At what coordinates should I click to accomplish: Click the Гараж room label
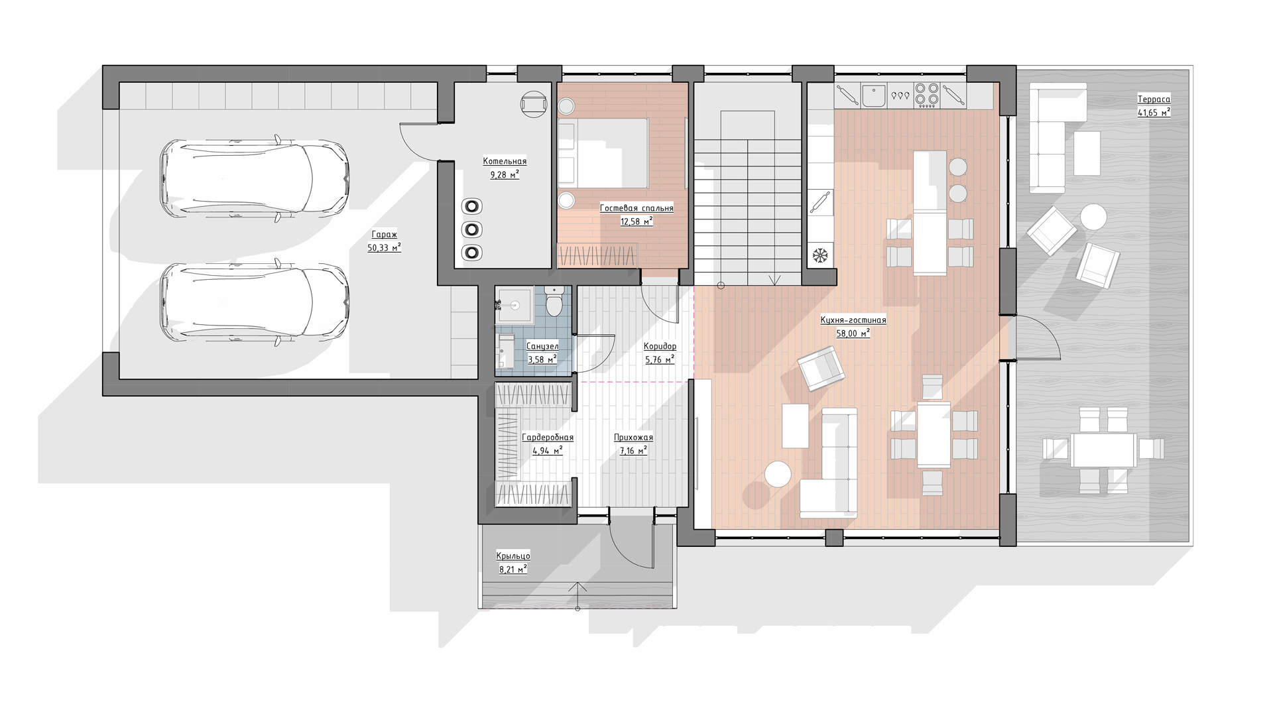384,235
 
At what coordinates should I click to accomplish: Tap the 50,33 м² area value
384,247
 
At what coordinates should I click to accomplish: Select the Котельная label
505,161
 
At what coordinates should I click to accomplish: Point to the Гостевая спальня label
636,208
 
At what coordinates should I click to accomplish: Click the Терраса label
1154,99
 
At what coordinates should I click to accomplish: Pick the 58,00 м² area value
853,333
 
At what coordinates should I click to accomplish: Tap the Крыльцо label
513,556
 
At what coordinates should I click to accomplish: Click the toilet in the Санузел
554,302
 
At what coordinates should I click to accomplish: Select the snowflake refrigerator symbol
821,255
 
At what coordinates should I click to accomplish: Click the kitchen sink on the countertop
874,96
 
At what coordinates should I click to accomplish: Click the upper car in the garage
255,177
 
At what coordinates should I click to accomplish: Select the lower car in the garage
255,302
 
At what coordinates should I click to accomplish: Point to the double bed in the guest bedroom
603,153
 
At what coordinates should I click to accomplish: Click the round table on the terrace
1093,217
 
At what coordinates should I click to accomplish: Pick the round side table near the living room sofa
778,475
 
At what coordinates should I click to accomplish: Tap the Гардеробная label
548,438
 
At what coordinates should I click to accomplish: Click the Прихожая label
633,438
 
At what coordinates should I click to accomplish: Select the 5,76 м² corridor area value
660,360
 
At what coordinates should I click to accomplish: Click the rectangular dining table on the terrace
1103,450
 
